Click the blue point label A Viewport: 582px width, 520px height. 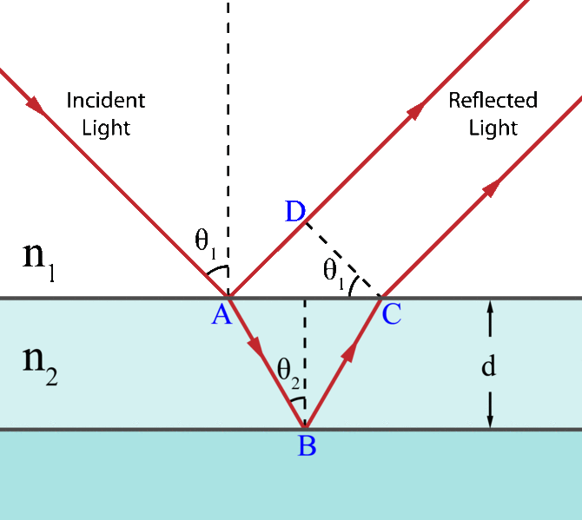coord(221,314)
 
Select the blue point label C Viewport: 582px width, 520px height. coord(392,314)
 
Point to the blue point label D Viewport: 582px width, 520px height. coord(294,211)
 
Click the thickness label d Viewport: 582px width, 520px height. coord(489,366)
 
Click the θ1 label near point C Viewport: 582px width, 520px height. coord(334,271)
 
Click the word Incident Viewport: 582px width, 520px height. coord(106,100)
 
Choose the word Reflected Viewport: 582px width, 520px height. coord(493,100)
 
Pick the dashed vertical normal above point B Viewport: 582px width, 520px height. coord(303,347)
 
